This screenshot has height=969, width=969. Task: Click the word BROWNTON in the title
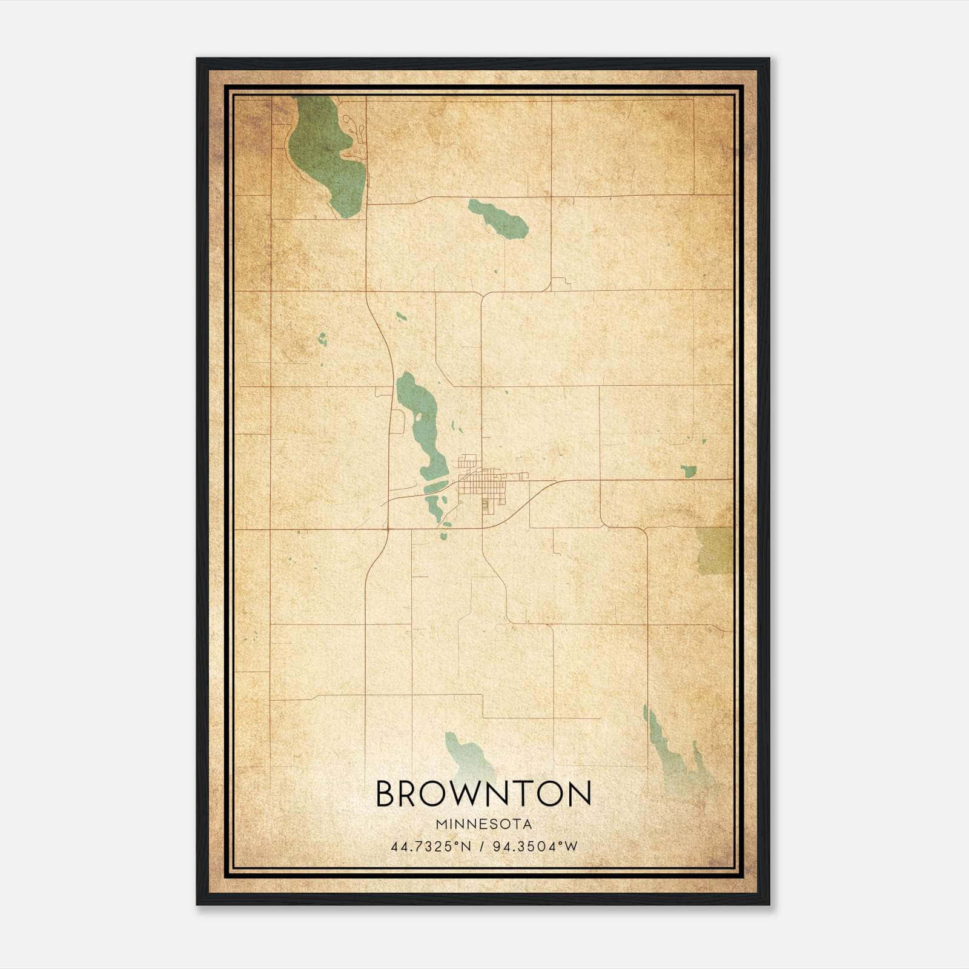point(483,793)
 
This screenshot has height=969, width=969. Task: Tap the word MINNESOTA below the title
point(483,824)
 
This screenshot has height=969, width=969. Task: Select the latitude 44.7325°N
point(431,847)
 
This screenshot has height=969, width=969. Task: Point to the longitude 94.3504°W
point(535,847)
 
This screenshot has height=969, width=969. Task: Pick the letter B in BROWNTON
point(386,793)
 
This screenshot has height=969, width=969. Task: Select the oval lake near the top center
point(498,217)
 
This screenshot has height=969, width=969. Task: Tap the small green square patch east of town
point(688,471)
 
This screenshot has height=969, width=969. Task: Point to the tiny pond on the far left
point(322,339)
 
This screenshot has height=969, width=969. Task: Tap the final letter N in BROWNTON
point(578,793)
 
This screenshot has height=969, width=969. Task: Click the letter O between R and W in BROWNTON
point(437,793)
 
